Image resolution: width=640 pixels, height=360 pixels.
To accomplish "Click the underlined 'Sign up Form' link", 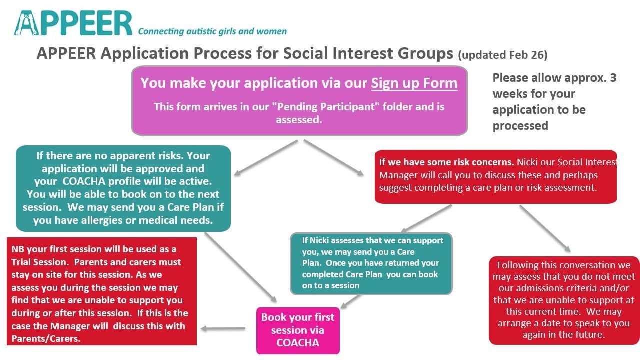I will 414,83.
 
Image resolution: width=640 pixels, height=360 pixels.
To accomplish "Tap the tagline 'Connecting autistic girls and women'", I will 212,31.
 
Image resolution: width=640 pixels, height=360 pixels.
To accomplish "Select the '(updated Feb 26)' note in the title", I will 502,55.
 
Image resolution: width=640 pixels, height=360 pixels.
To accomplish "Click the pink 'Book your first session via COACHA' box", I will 298,330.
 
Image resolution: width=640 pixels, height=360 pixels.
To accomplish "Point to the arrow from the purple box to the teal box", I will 266,157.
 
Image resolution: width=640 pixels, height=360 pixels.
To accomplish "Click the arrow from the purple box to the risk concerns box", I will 333,157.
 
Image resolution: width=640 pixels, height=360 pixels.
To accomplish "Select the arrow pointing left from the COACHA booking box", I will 223,329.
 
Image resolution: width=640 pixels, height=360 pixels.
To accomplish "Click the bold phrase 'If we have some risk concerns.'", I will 446,162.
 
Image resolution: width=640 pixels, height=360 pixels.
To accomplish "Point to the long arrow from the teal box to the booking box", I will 240,267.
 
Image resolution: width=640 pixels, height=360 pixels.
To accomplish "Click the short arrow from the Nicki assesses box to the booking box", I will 350,301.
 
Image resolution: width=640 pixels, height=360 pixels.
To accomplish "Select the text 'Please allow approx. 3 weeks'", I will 554,86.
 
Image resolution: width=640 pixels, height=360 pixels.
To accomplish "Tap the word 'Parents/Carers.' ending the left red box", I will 46,339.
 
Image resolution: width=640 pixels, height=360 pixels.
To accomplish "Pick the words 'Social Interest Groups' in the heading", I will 368,54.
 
